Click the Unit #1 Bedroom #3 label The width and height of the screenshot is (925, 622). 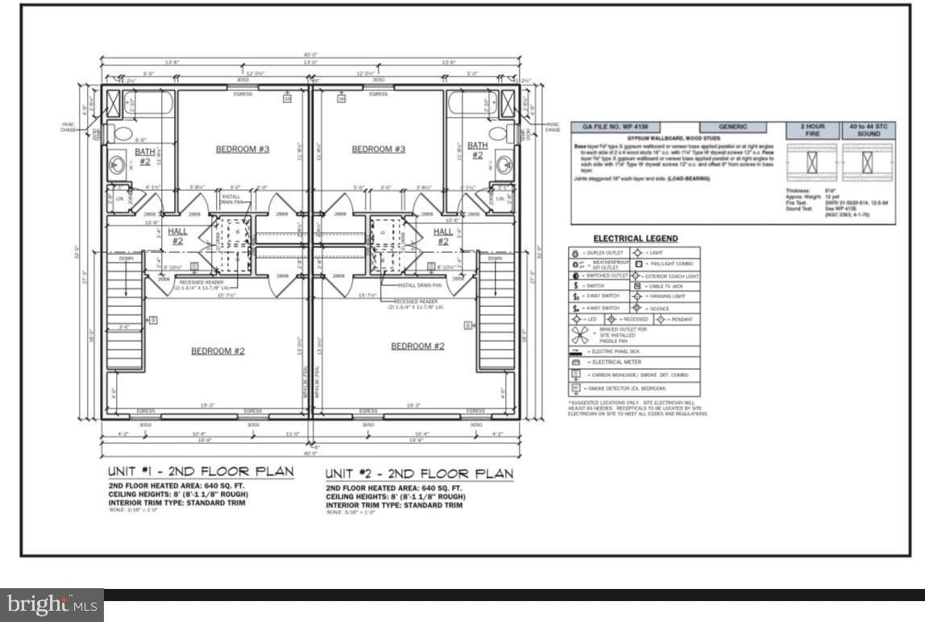242,149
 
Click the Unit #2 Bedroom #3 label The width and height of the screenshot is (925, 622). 378,149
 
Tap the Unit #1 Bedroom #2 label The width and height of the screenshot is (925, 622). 218,350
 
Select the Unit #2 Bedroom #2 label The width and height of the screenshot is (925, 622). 417,346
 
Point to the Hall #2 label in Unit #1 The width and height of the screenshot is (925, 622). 177,235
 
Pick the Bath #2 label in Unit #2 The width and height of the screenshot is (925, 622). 477,151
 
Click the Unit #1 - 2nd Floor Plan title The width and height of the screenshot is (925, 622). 201,471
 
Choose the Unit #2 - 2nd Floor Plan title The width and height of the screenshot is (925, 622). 418,473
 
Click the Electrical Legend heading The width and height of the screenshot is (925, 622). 635,238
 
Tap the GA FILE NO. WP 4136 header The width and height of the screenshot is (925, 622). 610,126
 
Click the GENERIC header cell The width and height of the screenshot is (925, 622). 732,126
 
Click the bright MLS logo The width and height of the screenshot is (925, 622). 52,604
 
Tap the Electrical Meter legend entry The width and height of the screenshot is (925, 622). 612,363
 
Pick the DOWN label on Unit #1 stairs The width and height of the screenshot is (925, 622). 126,259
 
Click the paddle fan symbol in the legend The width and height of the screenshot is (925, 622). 580,335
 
